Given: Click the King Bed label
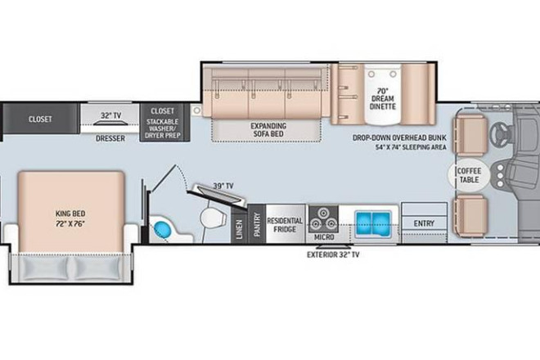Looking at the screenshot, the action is (x=70, y=218).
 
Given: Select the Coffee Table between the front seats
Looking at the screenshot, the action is (x=469, y=175).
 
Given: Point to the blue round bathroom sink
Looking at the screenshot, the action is (x=162, y=229).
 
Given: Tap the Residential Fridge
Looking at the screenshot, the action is (x=286, y=224).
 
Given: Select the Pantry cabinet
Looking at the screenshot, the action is (x=257, y=224).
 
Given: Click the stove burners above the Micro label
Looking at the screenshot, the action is (x=323, y=219).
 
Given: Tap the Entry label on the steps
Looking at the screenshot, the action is (x=424, y=223).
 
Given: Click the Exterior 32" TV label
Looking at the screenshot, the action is (x=333, y=254).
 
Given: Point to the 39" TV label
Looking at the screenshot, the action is (x=223, y=186).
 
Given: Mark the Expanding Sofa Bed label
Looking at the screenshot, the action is (x=268, y=130).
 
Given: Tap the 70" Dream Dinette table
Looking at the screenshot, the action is (x=383, y=96).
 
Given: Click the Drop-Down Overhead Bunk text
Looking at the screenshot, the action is (x=399, y=137).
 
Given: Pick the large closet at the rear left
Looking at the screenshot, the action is (x=41, y=119).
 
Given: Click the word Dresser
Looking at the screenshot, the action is (x=110, y=138).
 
